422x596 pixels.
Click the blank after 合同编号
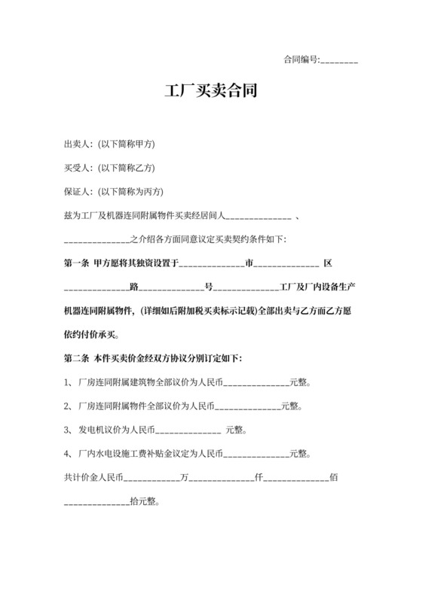339,59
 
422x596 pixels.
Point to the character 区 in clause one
328,263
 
